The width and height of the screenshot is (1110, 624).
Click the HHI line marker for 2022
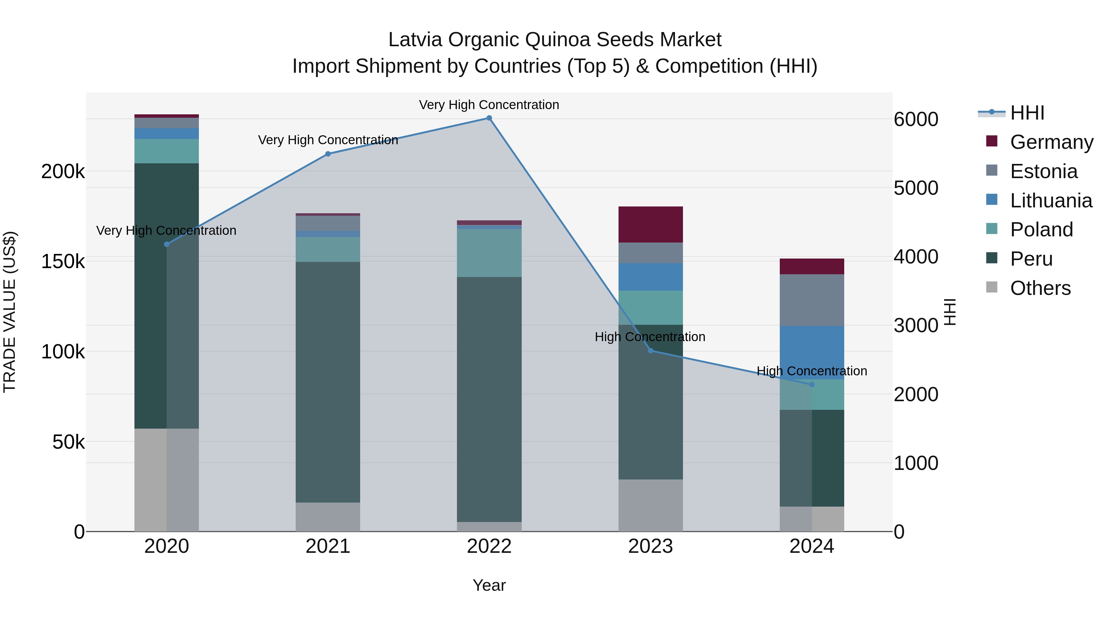(x=489, y=118)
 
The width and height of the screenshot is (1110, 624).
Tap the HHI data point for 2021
(x=328, y=154)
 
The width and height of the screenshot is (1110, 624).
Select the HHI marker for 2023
(x=651, y=351)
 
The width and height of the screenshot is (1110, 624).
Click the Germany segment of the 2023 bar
(x=651, y=224)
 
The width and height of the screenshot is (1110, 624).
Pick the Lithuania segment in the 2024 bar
(x=812, y=352)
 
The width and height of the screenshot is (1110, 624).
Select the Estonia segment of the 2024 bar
(x=812, y=300)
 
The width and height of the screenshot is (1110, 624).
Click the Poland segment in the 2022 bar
(x=489, y=252)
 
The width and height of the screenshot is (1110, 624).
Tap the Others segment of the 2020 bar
(x=167, y=480)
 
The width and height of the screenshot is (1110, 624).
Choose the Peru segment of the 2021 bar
(x=328, y=382)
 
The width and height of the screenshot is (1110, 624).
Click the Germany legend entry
(x=1051, y=142)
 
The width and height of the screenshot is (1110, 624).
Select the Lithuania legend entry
(x=1051, y=201)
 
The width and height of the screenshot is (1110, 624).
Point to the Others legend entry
(x=1040, y=288)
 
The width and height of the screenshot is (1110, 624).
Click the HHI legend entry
(x=1027, y=113)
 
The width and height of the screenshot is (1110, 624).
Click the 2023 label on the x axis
(x=651, y=546)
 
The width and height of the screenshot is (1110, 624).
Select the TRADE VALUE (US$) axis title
(x=10, y=312)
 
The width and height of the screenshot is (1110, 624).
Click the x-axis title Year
(x=489, y=585)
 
